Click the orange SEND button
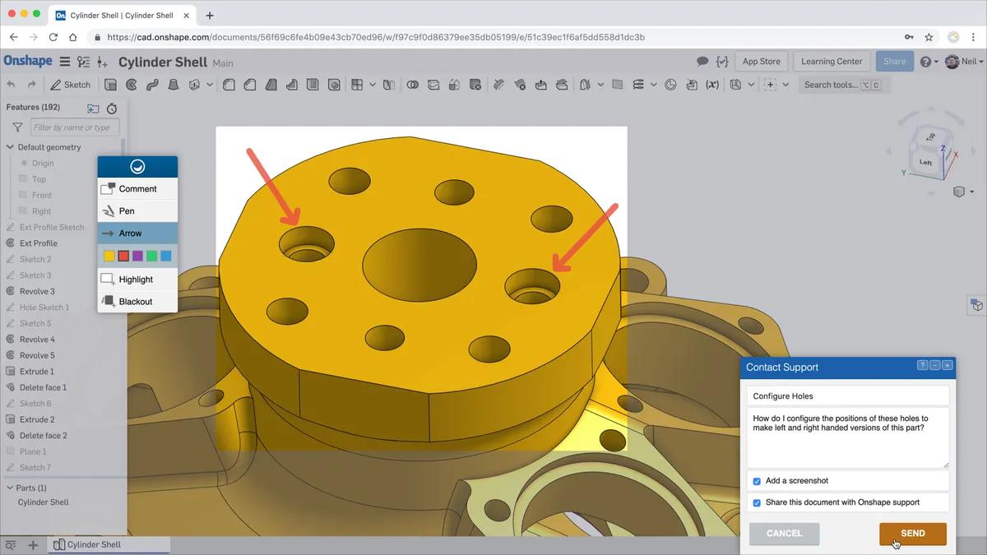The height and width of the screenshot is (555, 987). tap(912, 533)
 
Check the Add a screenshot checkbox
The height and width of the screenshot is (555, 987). tap(757, 481)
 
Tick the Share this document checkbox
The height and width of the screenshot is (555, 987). tap(757, 502)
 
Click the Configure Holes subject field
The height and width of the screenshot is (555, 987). tap(847, 395)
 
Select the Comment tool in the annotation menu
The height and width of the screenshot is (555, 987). tap(137, 189)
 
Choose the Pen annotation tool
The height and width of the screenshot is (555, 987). tap(127, 211)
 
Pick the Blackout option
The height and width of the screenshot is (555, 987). tap(135, 302)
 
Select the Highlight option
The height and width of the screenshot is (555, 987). tap(136, 280)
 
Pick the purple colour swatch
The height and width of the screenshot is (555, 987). tap(137, 257)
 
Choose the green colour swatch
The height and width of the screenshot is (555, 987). tap(151, 257)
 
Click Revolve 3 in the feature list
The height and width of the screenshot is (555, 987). tap(37, 291)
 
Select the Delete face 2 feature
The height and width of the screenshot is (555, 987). tap(43, 436)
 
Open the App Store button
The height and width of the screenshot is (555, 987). tap(761, 62)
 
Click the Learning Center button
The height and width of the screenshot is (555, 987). tap(832, 62)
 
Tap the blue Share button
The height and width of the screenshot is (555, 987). tap(894, 62)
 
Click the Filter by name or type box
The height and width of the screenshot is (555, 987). tap(75, 127)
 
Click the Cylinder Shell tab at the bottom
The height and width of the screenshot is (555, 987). tap(93, 544)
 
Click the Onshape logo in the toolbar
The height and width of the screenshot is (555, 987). tap(28, 61)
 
